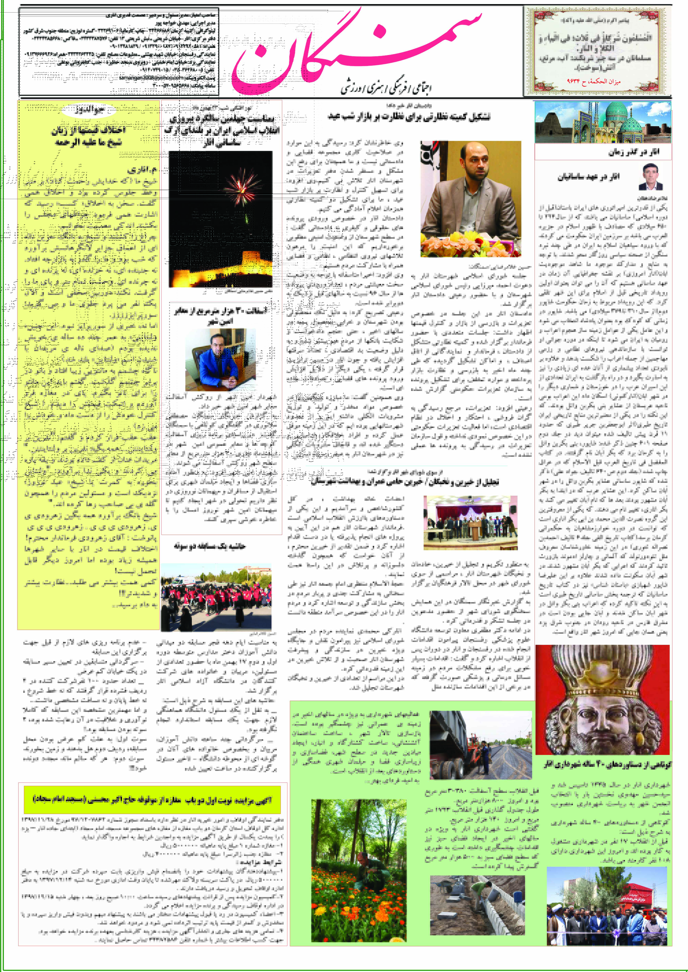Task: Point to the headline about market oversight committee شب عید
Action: (409, 117)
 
